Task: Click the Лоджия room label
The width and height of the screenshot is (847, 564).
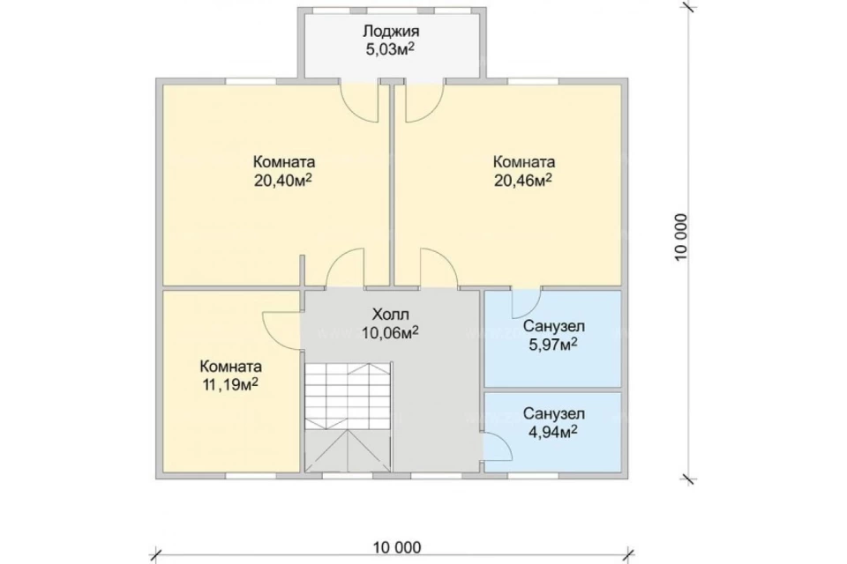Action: pos(391,32)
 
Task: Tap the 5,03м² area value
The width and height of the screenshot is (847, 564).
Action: pos(390,49)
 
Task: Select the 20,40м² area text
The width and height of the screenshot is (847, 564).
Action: pos(283,181)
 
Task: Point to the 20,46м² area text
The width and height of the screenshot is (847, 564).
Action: pos(522,181)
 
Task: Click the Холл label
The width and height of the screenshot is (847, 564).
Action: pos(390,314)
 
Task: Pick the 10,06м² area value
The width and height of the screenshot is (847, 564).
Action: pos(390,333)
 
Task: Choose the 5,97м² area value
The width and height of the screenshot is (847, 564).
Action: pos(553,345)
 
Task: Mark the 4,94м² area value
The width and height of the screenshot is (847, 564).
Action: pos(553,433)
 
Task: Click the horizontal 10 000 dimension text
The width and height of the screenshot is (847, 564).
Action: pos(396,547)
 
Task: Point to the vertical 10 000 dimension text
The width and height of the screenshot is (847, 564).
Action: pos(681,237)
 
